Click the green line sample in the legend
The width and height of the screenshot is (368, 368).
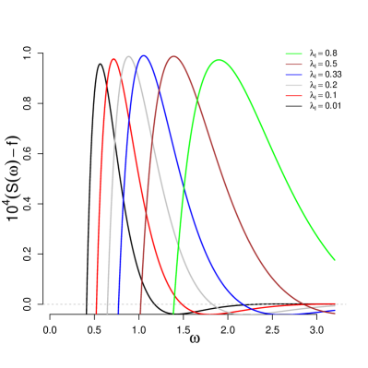pyautogui.click(x=293, y=54)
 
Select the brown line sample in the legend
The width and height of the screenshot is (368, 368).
pyautogui.click(x=293, y=65)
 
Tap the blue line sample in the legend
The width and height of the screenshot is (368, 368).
pyautogui.click(x=293, y=75)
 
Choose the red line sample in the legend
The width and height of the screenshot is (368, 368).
pyautogui.click(x=293, y=95)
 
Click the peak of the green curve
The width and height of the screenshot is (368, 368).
pyautogui.click(x=220, y=60)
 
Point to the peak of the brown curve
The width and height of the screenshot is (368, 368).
pyautogui.click(x=173, y=56)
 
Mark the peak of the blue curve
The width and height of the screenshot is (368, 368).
pyautogui.click(x=143, y=56)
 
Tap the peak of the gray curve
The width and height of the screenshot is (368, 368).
pyautogui.click(x=129, y=56)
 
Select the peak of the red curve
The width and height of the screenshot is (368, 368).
pyautogui.click(x=113, y=60)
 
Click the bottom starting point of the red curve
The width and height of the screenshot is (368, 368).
pyautogui.click(x=96, y=314)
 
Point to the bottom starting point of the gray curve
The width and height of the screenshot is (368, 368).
pyautogui.click(x=107, y=314)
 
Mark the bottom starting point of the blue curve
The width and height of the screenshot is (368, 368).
pyautogui.click(x=118, y=314)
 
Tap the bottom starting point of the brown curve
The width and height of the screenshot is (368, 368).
pyautogui.click(x=140, y=314)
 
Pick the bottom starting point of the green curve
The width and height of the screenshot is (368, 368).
pyautogui.click(x=173, y=314)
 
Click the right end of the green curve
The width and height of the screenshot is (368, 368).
pyautogui.click(x=334, y=259)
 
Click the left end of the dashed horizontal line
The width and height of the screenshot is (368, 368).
pyautogui.click(x=43, y=304)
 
